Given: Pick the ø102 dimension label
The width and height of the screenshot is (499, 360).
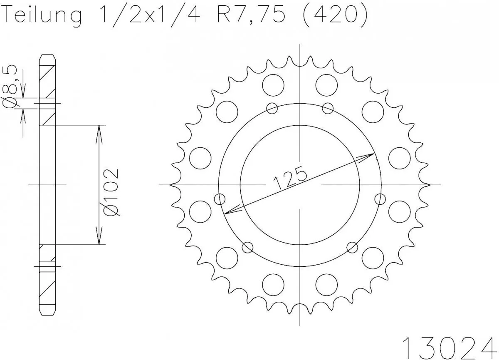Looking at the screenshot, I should click(113, 192).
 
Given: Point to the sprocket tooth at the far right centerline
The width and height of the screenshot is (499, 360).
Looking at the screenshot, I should click(427, 184).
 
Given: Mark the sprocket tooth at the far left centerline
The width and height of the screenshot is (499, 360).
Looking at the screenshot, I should click(173, 184).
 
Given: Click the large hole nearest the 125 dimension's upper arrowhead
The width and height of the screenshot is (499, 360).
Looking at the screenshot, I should click(400, 157).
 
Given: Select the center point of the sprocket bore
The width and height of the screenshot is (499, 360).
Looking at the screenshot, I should click(300, 184).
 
